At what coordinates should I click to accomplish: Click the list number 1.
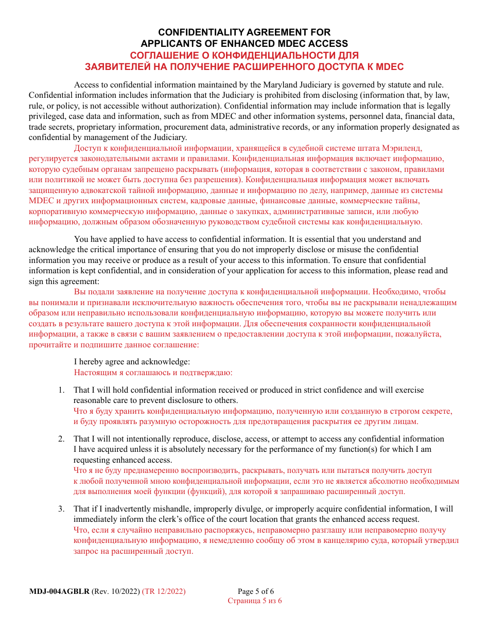(x=61, y=390)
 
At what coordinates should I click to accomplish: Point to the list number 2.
(x=61, y=439)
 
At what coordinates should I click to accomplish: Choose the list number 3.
(x=61, y=509)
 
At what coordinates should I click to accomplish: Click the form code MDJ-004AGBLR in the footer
(x=59, y=591)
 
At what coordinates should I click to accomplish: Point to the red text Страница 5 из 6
(x=255, y=601)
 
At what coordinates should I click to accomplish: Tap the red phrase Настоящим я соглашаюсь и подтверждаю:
(x=153, y=372)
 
